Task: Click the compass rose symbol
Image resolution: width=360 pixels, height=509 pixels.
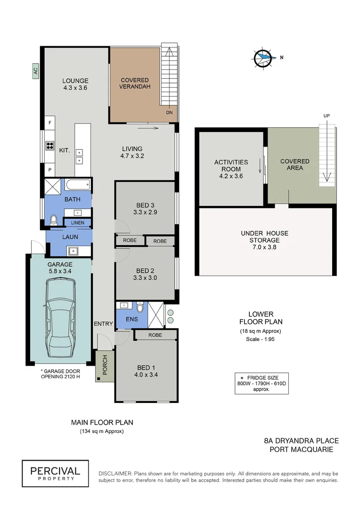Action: (x=263, y=58)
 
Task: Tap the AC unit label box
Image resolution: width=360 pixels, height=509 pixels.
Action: (x=35, y=71)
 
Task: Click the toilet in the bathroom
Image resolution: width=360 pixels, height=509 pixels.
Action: (x=53, y=219)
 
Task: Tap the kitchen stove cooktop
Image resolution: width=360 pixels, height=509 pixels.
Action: (x=49, y=146)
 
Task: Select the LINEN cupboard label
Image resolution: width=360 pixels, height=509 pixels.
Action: (x=77, y=222)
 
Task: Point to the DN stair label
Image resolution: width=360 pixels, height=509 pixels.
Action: (x=169, y=113)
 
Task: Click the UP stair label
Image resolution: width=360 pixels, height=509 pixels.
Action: (x=326, y=115)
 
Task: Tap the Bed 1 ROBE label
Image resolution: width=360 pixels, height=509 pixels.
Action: (x=155, y=335)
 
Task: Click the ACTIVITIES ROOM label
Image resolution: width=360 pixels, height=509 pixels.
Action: (x=231, y=165)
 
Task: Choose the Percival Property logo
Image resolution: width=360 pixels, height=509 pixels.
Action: (x=55, y=473)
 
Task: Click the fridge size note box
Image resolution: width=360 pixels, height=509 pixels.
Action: (x=262, y=383)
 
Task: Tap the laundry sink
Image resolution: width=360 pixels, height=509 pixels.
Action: (x=73, y=250)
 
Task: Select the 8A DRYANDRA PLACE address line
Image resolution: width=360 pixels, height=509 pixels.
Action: (x=301, y=441)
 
